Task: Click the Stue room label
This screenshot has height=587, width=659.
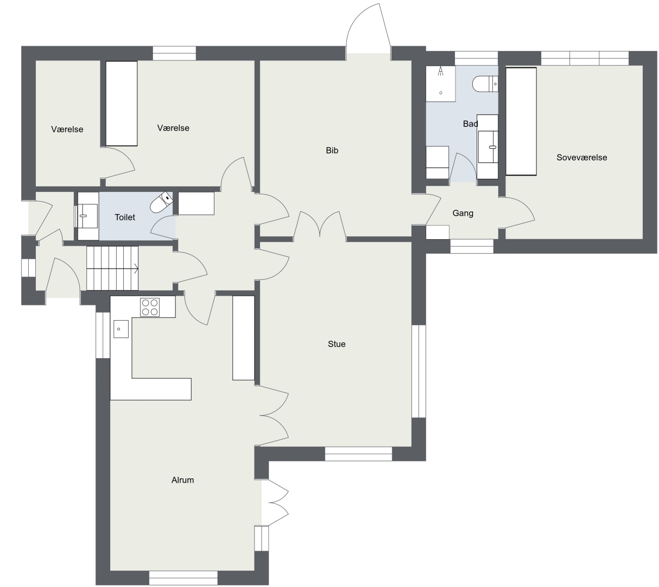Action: (x=337, y=344)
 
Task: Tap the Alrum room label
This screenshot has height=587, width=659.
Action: (x=182, y=480)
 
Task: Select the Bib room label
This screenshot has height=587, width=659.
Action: (x=332, y=151)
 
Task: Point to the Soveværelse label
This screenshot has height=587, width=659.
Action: (x=581, y=158)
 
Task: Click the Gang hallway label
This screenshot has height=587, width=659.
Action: (x=462, y=214)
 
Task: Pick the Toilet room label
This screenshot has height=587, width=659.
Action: (x=125, y=217)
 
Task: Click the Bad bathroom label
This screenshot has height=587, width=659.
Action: (x=470, y=124)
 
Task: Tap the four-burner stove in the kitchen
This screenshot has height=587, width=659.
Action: (x=150, y=307)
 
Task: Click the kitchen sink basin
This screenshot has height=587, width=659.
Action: (x=121, y=329)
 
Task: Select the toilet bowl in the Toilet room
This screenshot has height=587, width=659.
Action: (x=162, y=202)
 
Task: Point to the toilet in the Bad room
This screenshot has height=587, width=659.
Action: (x=485, y=84)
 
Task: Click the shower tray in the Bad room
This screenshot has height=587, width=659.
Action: (x=441, y=84)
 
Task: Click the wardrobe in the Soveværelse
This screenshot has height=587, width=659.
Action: (x=521, y=122)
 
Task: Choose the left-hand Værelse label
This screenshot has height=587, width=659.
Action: (x=67, y=129)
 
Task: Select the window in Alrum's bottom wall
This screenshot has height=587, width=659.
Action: (x=183, y=578)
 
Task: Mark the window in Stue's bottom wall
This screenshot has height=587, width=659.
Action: (x=358, y=454)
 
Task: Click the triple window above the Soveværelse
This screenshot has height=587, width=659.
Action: (x=585, y=58)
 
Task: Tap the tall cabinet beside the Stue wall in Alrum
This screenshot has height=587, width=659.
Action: (x=243, y=338)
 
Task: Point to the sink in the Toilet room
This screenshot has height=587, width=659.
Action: (x=88, y=216)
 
